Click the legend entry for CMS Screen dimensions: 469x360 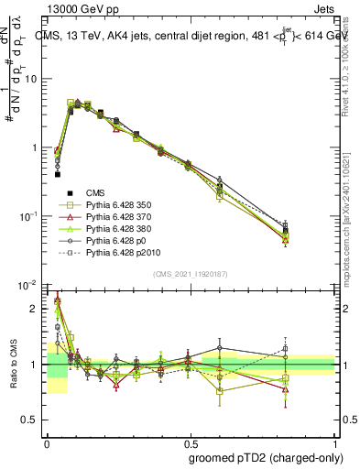[95, 192]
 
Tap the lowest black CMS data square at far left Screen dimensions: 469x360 [58, 173]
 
